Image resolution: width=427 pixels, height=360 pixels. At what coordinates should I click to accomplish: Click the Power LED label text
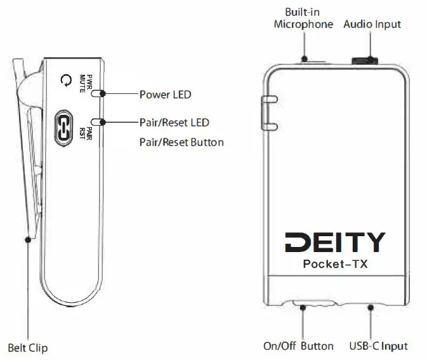tap(165, 95)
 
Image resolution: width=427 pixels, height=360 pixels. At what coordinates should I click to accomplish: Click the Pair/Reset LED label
tap(174, 122)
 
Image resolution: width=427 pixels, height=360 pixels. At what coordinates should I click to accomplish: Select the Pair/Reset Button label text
tap(181, 142)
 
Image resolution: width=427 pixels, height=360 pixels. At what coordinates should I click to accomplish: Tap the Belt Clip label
tap(27, 347)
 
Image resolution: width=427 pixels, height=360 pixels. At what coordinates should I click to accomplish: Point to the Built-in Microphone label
tap(303, 18)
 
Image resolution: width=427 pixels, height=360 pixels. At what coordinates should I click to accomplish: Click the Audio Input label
tap(372, 24)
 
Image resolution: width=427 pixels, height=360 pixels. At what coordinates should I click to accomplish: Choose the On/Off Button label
tap(298, 346)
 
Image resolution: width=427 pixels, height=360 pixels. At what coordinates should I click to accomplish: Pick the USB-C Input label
tap(378, 346)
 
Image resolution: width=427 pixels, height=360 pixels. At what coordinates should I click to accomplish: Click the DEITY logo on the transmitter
tap(334, 242)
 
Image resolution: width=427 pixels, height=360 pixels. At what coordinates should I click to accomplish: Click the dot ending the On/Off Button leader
tap(303, 307)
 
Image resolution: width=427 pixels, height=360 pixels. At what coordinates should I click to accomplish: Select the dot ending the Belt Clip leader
tap(27, 239)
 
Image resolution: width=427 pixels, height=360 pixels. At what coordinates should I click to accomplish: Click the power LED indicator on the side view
tap(98, 93)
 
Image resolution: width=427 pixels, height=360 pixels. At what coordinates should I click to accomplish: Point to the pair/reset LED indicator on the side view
tap(98, 121)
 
